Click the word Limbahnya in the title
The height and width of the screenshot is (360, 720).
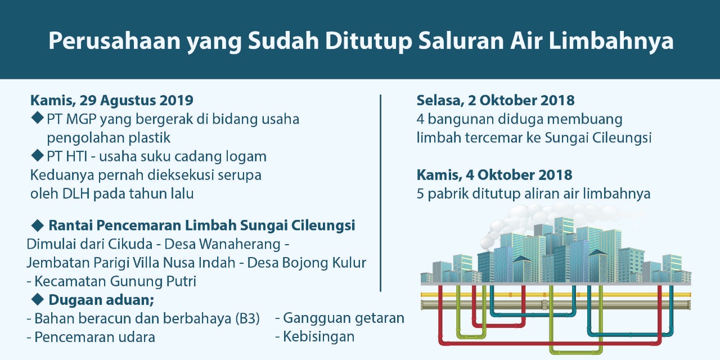pyautogui.click(x=611, y=41)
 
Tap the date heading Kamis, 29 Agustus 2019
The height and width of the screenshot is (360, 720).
pyautogui.click(x=112, y=101)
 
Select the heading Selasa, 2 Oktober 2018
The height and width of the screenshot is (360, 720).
pyautogui.click(x=496, y=100)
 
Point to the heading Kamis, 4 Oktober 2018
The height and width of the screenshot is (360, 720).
pyautogui.click(x=494, y=175)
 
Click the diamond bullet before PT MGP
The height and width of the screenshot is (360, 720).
pyautogui.click(x=38, y=118)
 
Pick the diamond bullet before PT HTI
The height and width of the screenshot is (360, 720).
pyautogui.click(x=38, y=155)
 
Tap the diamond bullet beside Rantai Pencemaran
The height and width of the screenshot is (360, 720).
pyautogui.click(x=38, y=226)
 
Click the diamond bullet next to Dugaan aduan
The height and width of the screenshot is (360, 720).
pyautogui.click(x=38, y=300)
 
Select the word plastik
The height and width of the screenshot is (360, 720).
pyautogui.click(x=150, y=138)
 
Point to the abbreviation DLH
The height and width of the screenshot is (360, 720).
pyautogui.click(x=75, y=194)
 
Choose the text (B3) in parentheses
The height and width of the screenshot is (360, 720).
pyautogui.click(x=247, y=319)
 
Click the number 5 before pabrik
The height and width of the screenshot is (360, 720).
pyautogui.click(x=420, y=194)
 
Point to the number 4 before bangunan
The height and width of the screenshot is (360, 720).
pyautogui.click(x=420, y=119)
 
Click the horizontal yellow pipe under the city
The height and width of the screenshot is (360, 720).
pyautogui.click(x=556, y=294)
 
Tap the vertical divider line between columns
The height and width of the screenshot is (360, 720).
pyautogui.click(x=381, y=193)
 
